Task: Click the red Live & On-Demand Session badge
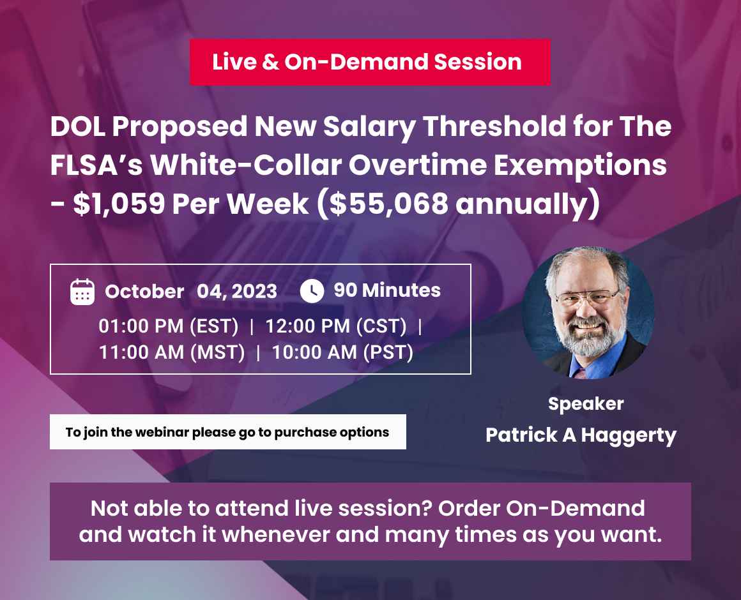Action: click(369, 62)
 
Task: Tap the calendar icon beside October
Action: click(82, 291)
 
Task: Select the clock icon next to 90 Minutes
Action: click(312, 290)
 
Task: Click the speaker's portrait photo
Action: click(588, 313)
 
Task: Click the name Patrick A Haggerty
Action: click(581, 435)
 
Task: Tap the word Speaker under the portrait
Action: click(586, 403)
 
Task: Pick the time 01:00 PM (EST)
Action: click(169, 327)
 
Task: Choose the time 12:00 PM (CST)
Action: click(336, 327)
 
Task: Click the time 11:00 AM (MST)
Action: click(172, 352)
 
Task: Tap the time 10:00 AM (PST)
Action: click(342, 352)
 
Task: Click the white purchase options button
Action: click(227, 432)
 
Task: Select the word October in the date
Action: click(144, 291)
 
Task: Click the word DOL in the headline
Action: click(77, 127)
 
